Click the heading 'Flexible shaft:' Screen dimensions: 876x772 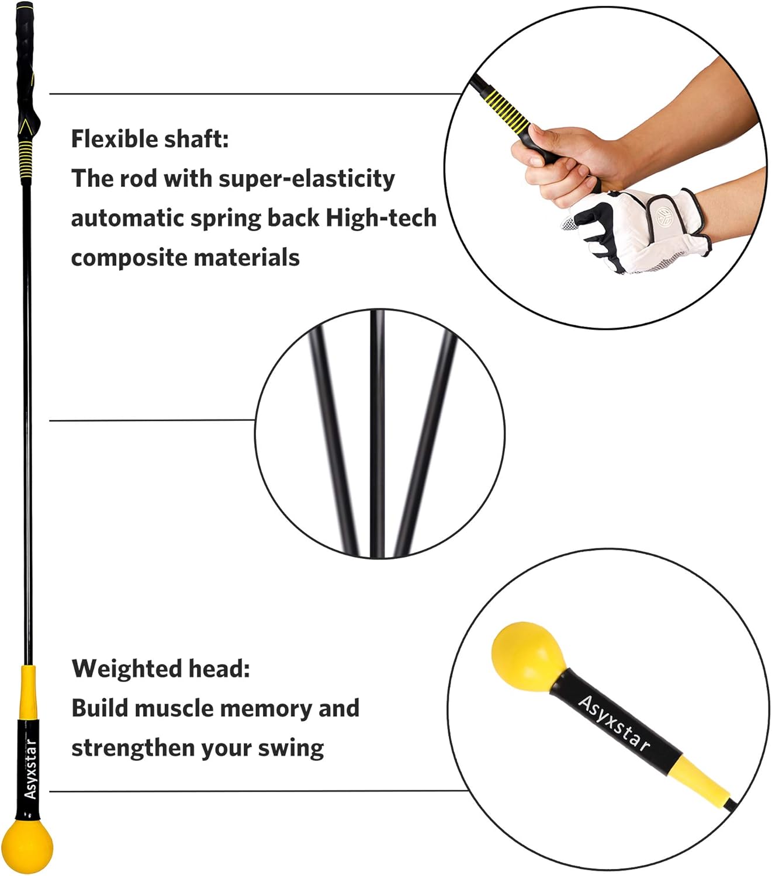click(150, 140)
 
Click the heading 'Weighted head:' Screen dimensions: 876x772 click(161, 669)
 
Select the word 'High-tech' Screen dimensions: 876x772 click(381, 218)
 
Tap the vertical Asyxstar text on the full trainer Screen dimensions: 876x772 click(30, 769)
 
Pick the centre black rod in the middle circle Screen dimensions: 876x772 click(378, 432)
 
